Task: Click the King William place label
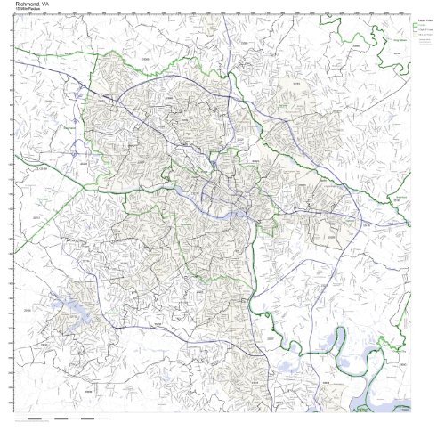pos(400,63)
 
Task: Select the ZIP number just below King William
pos(400,69)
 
